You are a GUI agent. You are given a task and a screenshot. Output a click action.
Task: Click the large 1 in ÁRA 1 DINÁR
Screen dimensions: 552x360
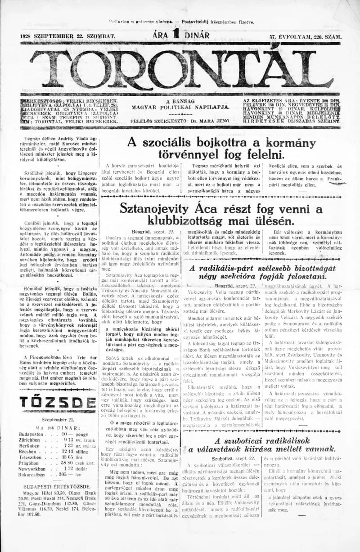(x=182, y=34)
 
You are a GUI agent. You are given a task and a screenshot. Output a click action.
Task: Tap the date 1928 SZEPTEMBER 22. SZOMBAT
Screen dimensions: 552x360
(x=68, y=35)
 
